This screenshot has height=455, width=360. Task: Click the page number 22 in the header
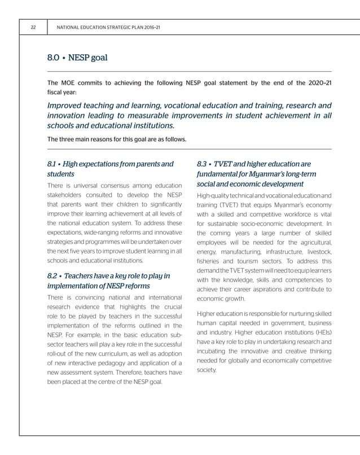pos(34,27)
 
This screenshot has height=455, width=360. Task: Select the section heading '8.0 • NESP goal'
pos(77,58)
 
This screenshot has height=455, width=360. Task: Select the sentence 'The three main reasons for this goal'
pos(116,139)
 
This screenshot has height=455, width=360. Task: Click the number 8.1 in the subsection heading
pos(54,164)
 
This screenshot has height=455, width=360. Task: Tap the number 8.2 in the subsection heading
pos(54,276)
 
